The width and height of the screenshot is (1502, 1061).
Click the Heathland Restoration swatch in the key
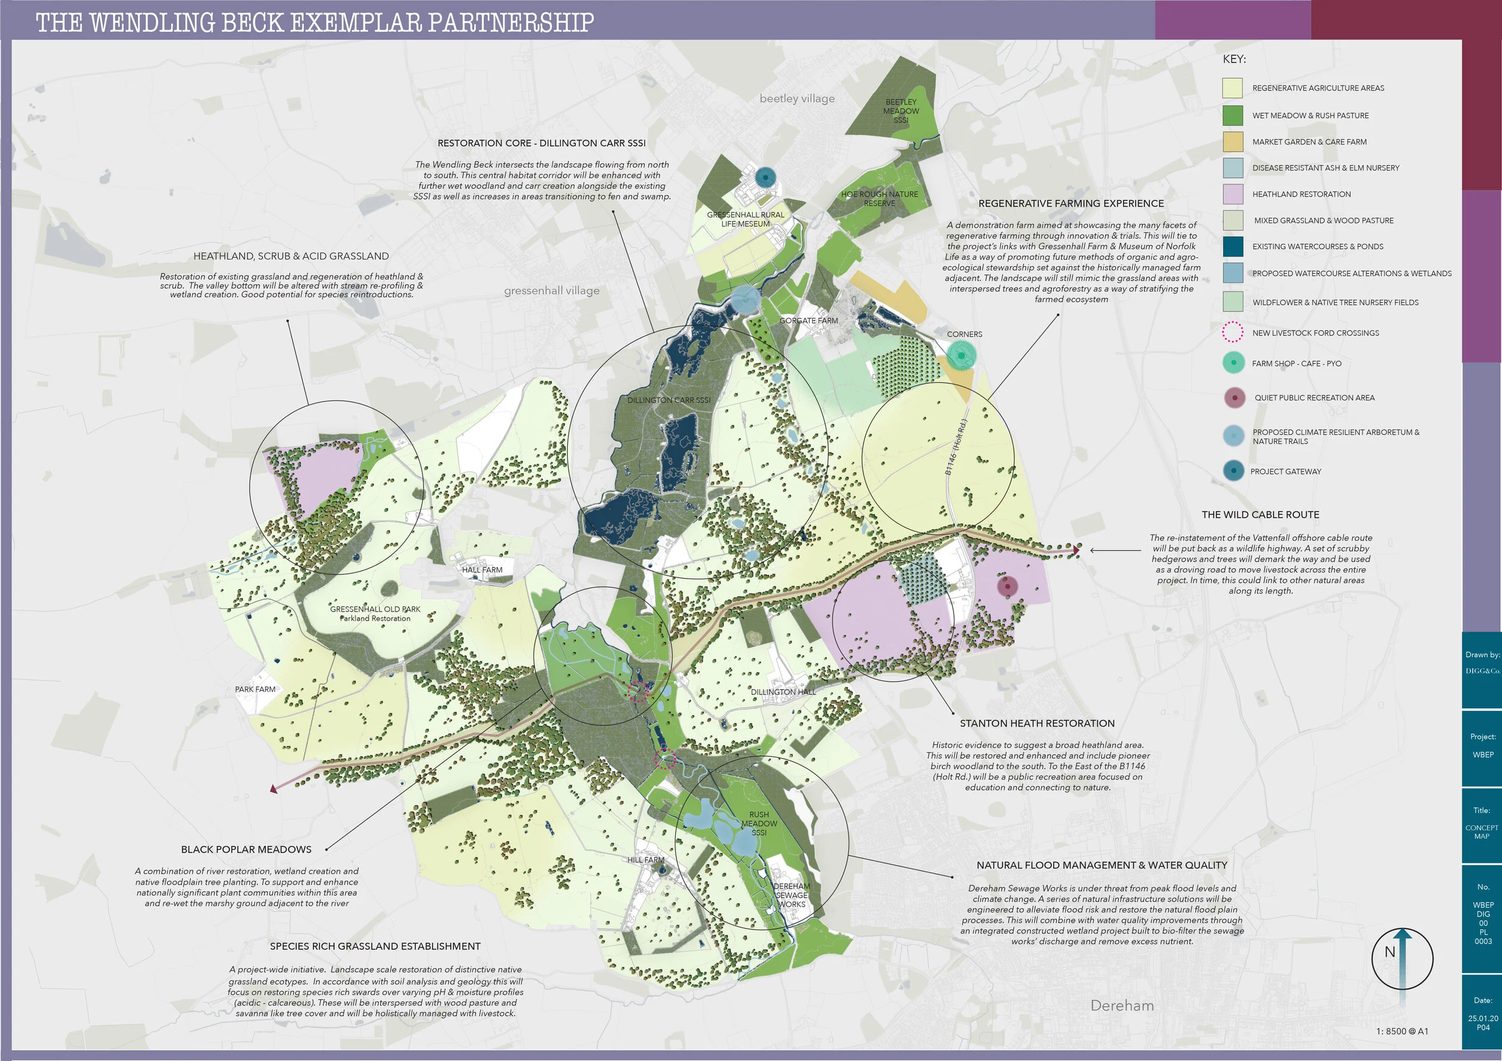click(x=1232, y=194)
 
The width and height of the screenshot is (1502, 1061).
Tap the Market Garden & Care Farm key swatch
click(x=1232, y=142)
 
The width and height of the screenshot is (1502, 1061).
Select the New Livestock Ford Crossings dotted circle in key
click(x=1232, y=332)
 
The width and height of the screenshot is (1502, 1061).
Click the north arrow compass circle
click(x=1402, y=959)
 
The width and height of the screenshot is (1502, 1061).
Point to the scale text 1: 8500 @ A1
click(x=1402, y=1031)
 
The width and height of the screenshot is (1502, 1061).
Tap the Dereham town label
click(x=1122, y=1005)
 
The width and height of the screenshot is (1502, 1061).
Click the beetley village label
click(x=797, y=99)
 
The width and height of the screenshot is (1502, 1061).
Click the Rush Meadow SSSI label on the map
click(x=759, y=824)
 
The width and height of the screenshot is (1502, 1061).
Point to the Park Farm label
click(x=255, y=690)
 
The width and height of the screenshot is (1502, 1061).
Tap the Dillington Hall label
click(x=782, y=692)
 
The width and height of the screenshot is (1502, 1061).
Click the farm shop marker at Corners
click(x=961, y=356)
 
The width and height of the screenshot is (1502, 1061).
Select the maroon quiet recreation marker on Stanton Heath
click(x=1008, y=586)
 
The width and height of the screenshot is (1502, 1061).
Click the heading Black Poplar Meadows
click(x=246, y=849)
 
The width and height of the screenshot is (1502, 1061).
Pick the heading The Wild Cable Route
click(x=1260, y=515)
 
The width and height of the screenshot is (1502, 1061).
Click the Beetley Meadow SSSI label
click(x=901, y=111)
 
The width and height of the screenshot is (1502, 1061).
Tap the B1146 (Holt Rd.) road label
click(x=956, y=447)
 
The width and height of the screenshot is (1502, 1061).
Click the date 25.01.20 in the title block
click(x=1482, y=1018)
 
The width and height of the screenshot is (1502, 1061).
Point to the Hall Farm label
click(x=482, y=570)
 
